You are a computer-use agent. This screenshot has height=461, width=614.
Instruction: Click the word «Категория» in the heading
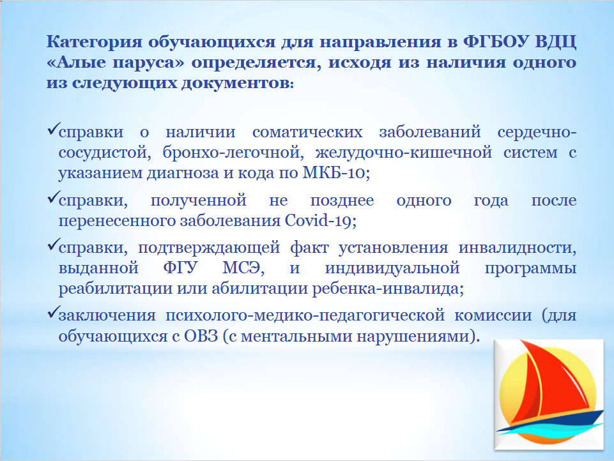point(93,42)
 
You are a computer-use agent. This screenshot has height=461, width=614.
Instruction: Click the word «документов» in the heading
point(236,84)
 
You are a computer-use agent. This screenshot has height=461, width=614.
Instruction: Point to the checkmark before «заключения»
point(53,312)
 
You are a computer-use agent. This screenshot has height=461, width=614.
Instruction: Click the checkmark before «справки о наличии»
point(53,128)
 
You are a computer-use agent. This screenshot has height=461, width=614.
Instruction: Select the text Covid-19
point(320,221)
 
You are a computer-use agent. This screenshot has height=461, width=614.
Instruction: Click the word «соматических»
point(307,132)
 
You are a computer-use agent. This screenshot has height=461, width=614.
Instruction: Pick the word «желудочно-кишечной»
point(404,152)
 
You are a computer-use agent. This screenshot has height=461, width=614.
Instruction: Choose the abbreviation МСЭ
point(243,268)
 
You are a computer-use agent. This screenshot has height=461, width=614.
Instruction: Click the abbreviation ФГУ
point(181,268)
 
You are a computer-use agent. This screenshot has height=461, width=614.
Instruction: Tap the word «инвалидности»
point(518,248)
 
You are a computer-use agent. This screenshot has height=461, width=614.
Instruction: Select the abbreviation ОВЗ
point(201,336)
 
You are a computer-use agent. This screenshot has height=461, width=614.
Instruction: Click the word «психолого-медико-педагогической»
point(305,316)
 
